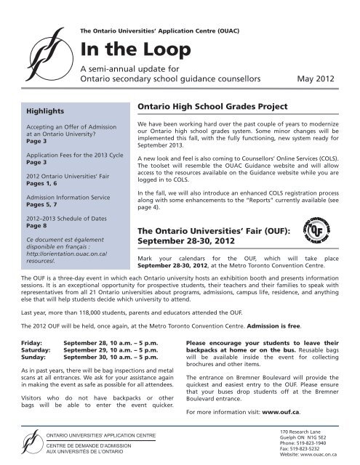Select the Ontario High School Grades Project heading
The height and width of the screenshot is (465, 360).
(x=208, y=106)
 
